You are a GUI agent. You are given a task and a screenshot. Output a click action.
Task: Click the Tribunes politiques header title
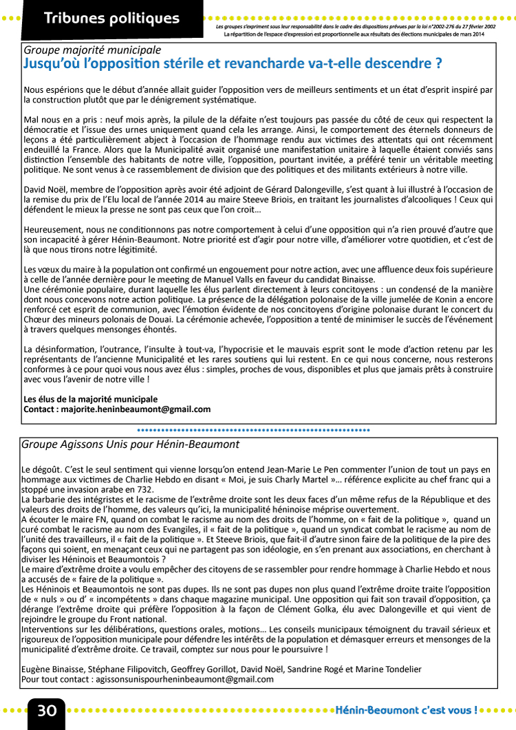(x=111, y=19)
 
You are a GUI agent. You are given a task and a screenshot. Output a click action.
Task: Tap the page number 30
(x=47, y=711)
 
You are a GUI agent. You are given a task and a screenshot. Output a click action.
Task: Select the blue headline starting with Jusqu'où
(x=233, y=64)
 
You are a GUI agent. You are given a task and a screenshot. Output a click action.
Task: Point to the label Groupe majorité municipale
(x=92, y=50)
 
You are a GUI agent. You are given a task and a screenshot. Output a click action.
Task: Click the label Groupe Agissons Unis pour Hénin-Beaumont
(x=131, y=444)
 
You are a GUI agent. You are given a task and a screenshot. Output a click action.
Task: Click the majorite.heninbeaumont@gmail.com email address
(x=136, y=409)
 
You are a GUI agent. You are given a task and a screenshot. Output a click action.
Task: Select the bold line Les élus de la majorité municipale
(x=91, y=399)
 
